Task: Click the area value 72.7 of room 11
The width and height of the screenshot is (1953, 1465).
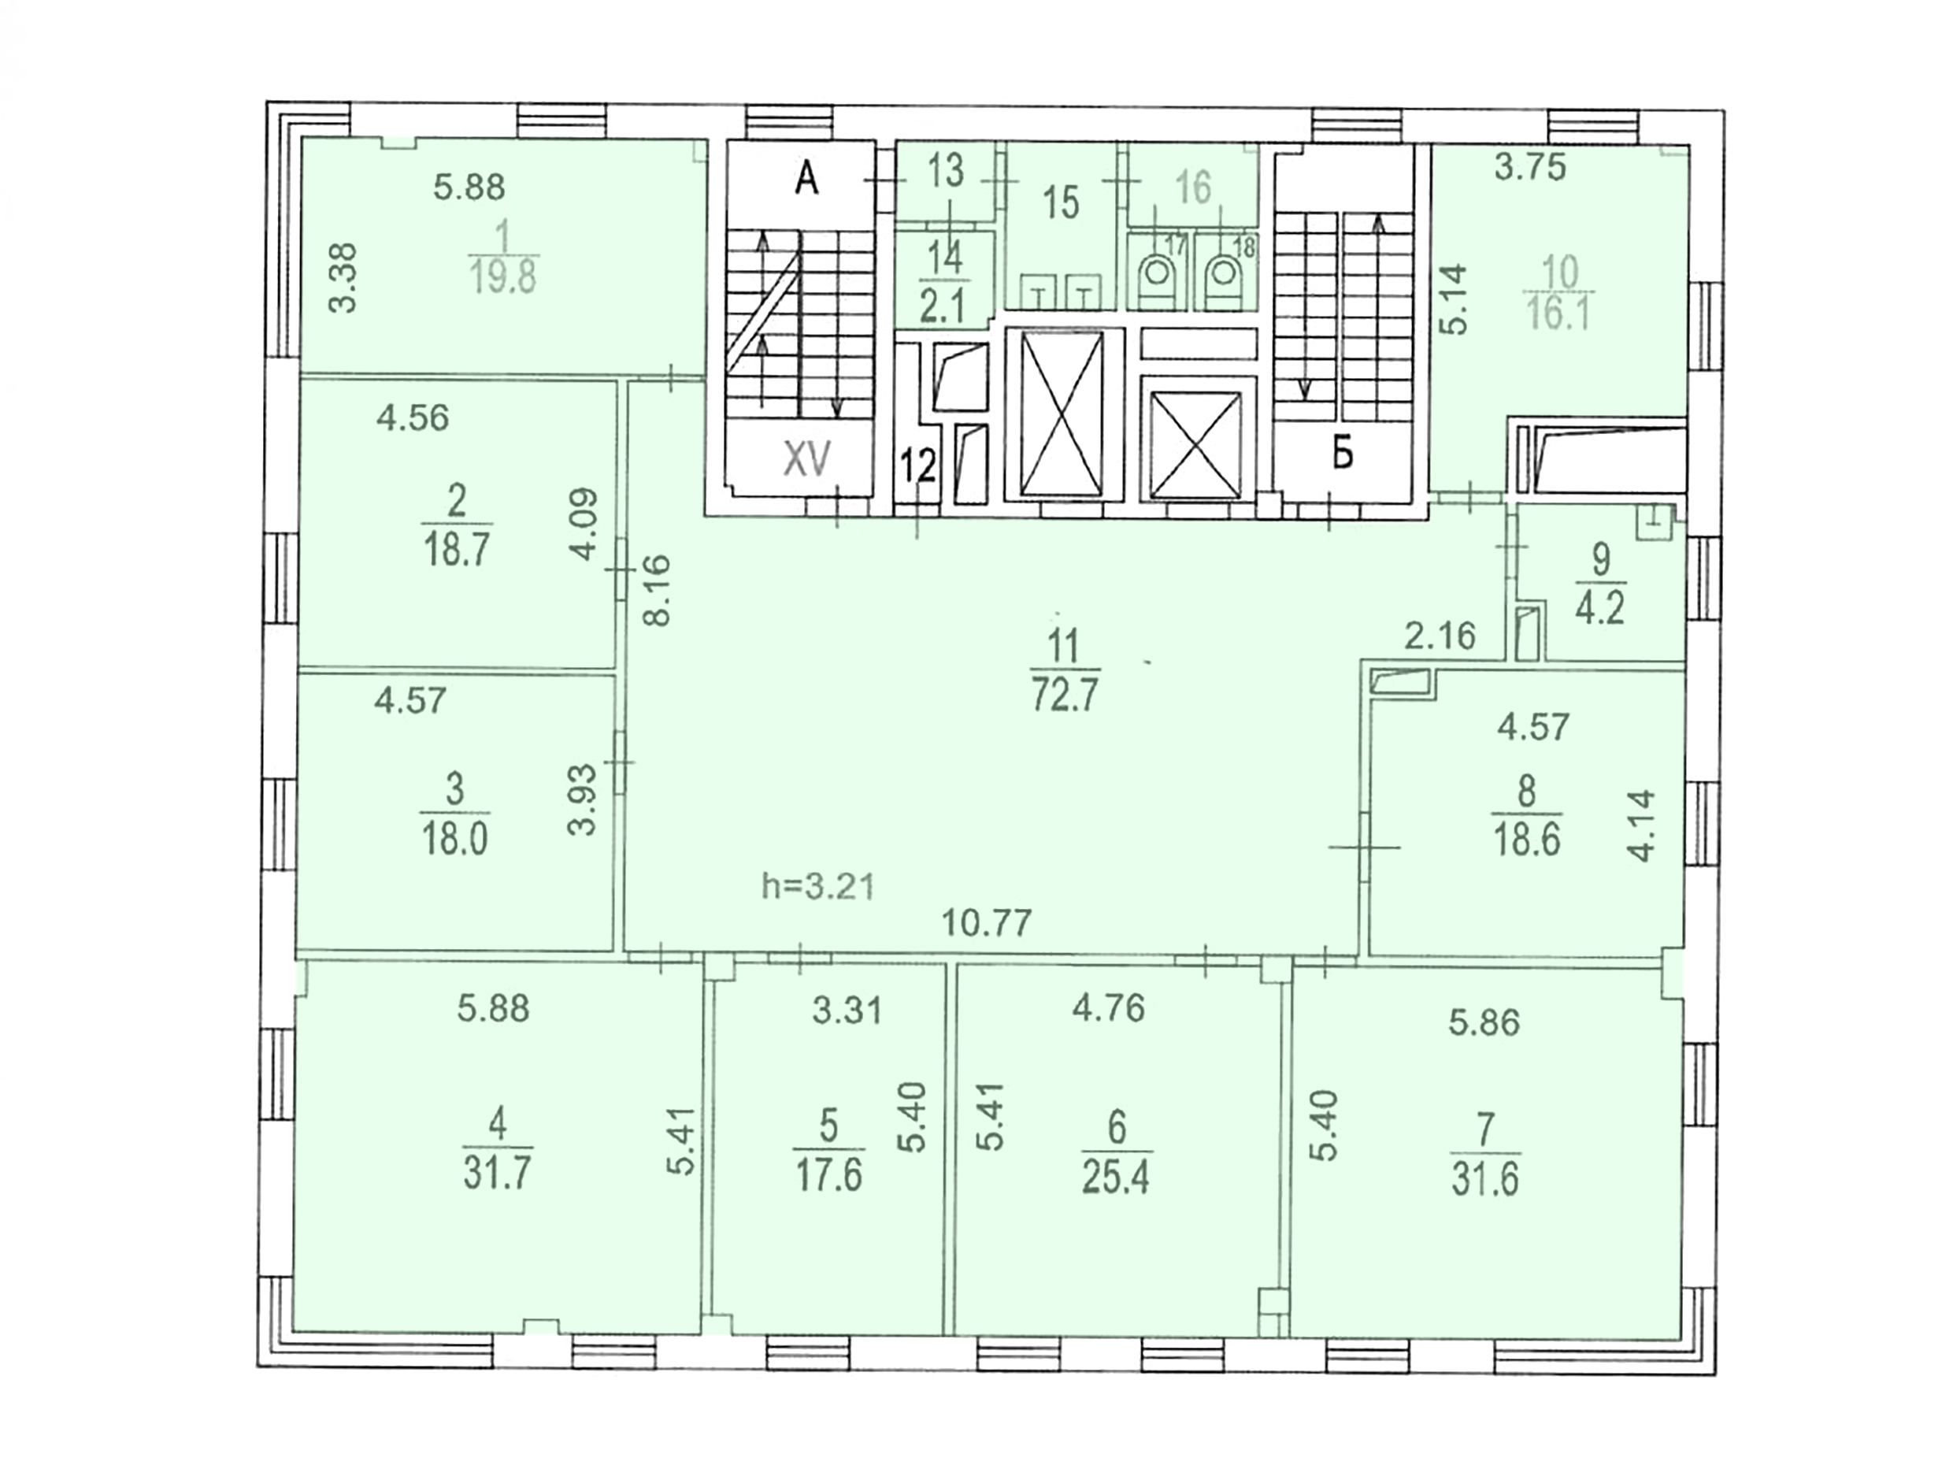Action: point(1064,695)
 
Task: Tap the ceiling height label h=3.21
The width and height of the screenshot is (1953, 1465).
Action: point(817,886)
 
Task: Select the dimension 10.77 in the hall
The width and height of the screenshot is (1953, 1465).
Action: point(986,924)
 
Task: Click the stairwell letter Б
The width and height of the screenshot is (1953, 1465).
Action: point(1342,456)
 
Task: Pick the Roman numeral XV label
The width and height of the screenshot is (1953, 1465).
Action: point(807,459)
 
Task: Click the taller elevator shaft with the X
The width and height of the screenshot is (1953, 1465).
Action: point(1062,414)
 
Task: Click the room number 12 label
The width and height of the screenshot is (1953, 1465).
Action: point(918,465)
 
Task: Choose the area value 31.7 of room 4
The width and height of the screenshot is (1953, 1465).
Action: point(497,1174)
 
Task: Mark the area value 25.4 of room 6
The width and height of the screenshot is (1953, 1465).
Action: point(1116,1178)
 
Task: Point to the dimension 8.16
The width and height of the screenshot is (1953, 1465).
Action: point(658,590)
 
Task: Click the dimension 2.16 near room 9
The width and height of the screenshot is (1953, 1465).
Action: point(1440,635)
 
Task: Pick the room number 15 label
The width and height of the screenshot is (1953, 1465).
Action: point(1061,202)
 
